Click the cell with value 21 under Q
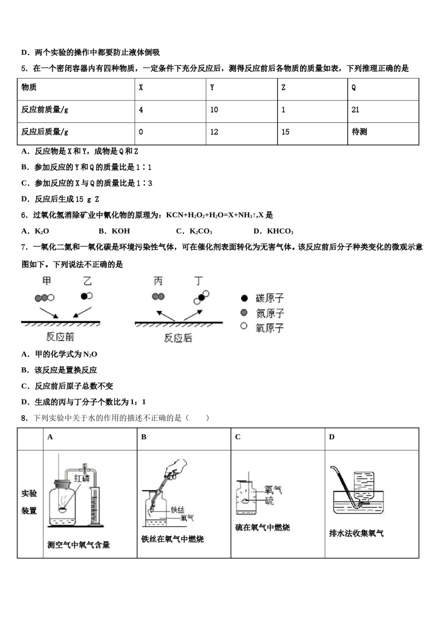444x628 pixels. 356,110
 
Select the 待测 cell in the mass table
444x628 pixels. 359,132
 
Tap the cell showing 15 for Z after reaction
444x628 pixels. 286,132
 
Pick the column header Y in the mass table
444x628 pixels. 212,87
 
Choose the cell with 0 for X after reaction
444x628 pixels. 141,132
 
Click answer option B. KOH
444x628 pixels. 115,231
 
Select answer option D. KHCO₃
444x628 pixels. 273,231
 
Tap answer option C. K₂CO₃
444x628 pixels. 194,231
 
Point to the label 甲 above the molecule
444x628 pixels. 46,281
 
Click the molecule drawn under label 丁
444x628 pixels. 201,297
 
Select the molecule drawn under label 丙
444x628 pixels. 158,297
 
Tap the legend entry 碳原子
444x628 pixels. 269,298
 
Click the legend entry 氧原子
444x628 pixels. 269,328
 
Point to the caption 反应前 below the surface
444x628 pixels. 60,337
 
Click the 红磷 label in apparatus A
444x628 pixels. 82,478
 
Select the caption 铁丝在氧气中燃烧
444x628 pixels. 172,539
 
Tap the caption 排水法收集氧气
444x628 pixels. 357,533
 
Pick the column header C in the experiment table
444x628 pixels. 238,437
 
